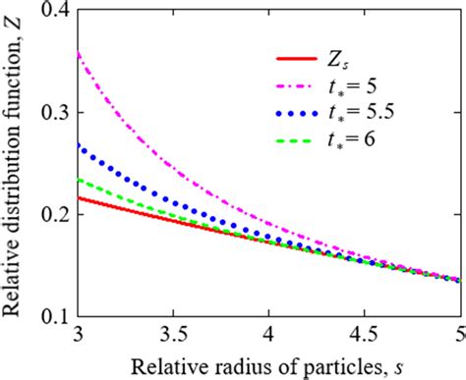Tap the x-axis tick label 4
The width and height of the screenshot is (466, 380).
[x=267, y=334]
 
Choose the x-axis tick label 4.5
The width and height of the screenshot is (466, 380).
[x=363, y=334]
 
